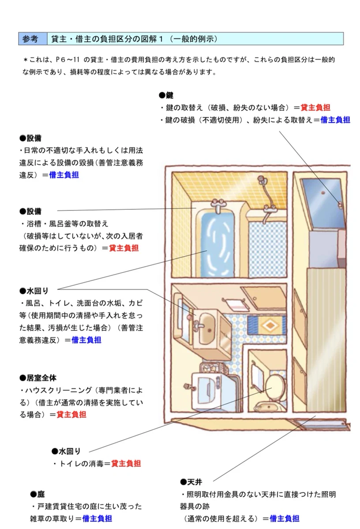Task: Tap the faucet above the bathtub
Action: click(x=218, y=204)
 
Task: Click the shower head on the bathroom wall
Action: click(x=261, y=180)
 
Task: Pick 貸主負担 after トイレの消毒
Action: click(x=126, y=463)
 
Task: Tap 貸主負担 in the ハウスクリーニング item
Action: click(x=71, y=414)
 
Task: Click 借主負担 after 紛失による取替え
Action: click(x=335, y=119)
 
